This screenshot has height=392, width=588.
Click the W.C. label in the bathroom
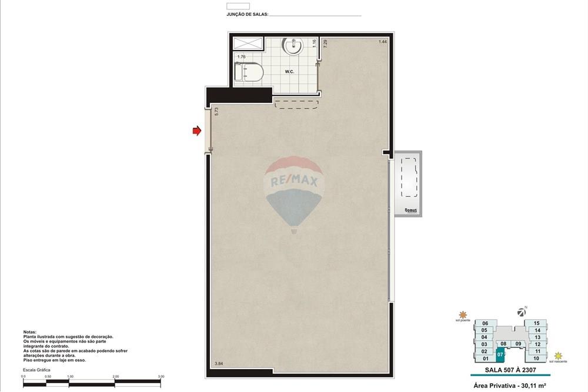coord(289,72)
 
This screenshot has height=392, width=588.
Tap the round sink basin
coord(292,46)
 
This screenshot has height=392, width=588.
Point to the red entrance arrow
coord(197,131)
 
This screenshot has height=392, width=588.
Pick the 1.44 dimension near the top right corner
coord(382,42)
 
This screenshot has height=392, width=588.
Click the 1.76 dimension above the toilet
coord(241,57)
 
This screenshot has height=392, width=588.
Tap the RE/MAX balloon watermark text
coord(293,182)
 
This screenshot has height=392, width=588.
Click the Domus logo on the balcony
coord(411,210)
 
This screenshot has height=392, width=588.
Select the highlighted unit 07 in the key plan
coord(500,354)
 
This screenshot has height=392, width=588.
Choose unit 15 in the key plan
coord(536,323)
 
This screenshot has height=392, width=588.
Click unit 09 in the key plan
coord(518,344)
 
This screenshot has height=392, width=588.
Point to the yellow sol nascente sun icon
coord(558,356)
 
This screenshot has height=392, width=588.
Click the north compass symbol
coord(520,311)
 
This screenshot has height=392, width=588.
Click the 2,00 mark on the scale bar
coord(115,376)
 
